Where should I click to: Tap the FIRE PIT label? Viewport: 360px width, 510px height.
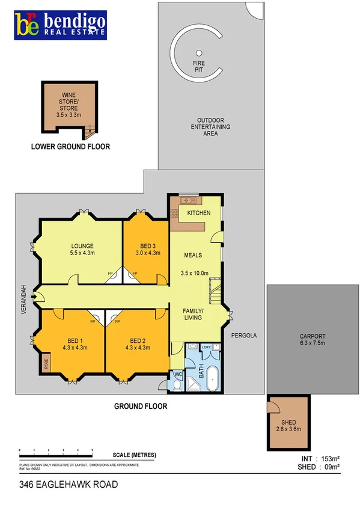199,66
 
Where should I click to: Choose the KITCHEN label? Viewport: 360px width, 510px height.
198,214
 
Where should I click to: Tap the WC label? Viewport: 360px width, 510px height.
177,375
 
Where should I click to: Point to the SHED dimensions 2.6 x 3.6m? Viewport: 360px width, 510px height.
288,429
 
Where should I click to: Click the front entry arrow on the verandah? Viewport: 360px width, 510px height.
38,295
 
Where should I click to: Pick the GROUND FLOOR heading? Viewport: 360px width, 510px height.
141,407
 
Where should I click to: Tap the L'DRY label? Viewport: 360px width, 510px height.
206,347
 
